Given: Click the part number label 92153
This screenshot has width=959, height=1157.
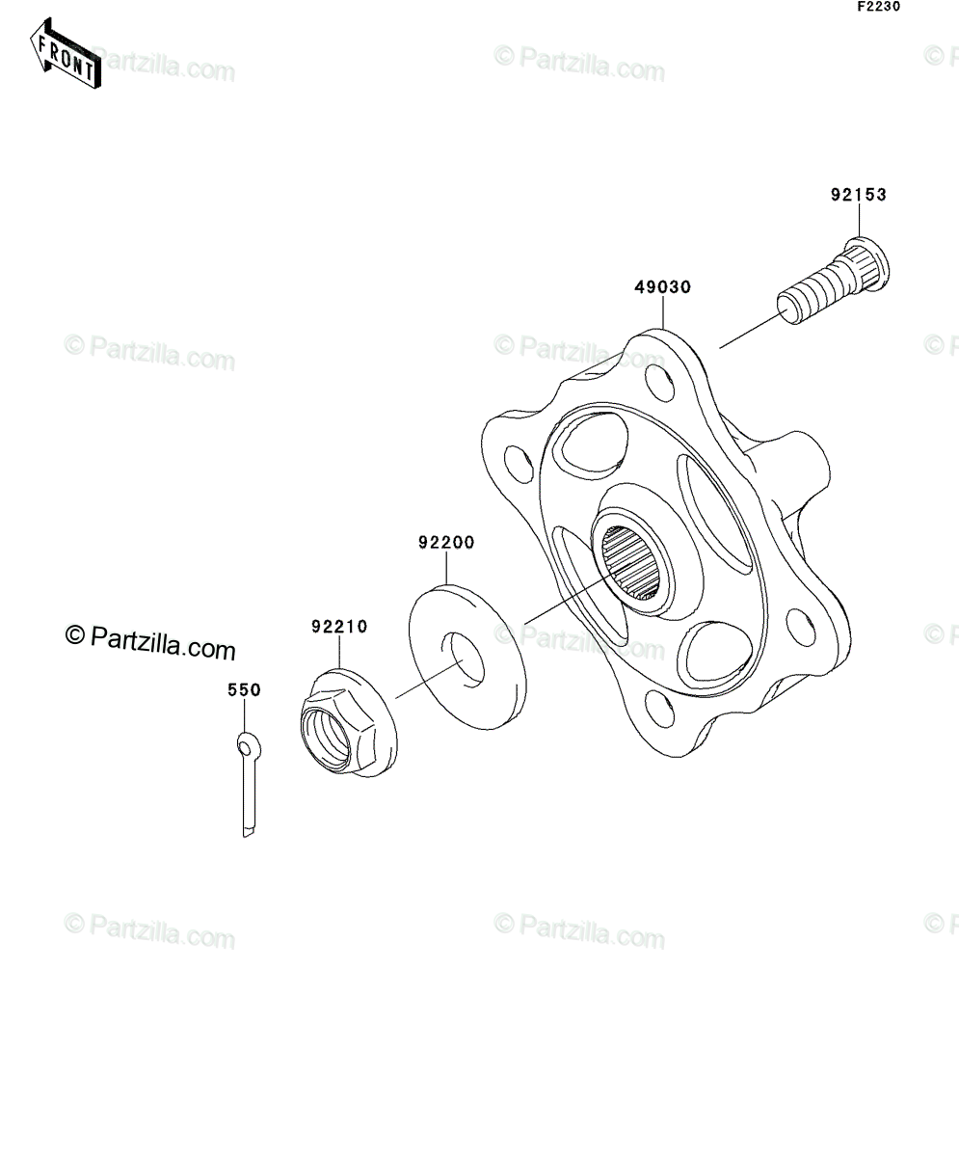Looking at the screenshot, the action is pyautogui.click(x=858, y=195).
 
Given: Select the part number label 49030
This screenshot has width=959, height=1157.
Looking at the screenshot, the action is pyautogui.click(x=662, y=287).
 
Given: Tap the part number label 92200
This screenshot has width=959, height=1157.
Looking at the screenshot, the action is pyautogui.click(x=446, y=543).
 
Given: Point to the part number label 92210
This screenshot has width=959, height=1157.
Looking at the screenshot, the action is pyautogui.click(x=339, y=627).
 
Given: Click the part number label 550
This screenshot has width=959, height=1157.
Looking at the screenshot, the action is pyautogui.click(x=244, y=690).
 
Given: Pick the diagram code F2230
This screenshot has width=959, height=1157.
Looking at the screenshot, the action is pyautogui.click(x=879, y=7).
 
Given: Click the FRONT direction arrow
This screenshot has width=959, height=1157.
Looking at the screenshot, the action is pyautogui.click(x=66, y=54).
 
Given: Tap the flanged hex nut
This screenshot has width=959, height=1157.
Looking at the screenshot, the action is pyautogui.click(x=349, y=729).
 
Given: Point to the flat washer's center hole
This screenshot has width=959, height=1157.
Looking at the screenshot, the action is pyautogui.click(x=465, y=659).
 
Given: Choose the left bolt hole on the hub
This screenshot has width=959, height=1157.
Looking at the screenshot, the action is pyautogui.click(x=519, y=463).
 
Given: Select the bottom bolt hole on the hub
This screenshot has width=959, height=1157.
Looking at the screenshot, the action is pyautogui.click(x=661, y=709).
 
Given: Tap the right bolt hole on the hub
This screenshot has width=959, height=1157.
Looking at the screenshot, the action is pyautogui.click(x=801, y=627).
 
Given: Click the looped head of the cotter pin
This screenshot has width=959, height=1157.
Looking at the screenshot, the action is pyautogui.click(x=249, y=746).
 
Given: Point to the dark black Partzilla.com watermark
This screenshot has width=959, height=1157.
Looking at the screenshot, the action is pyautogui.click(x=150, y=642).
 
